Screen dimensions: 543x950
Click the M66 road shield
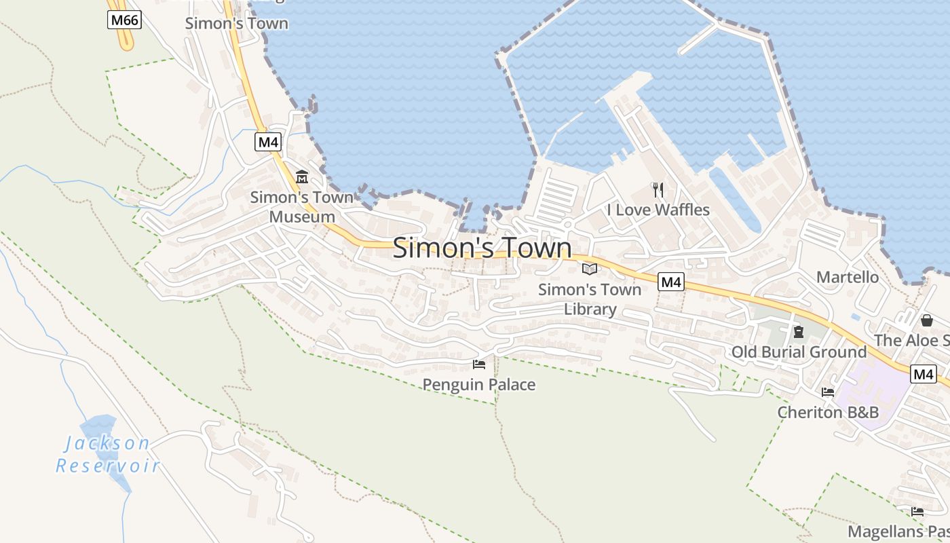[124, 20]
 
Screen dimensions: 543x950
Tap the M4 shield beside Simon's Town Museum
[268, 142]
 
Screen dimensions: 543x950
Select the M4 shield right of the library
[670, 282]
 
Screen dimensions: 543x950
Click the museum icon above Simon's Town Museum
[302, 177]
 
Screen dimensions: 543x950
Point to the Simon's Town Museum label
[302, 207]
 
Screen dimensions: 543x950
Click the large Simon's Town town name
[482, 248]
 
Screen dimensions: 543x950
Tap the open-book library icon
[590, 269]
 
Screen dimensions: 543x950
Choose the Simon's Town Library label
[590, 299]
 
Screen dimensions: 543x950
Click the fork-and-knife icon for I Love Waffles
[658, 189]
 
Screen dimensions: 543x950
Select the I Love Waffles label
[658, 210]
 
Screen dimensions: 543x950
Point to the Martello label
[847, 277]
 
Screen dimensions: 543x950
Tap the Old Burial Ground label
[799, 352]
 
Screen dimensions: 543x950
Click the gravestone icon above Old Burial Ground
[799, 332]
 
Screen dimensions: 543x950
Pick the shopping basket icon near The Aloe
[927, 320]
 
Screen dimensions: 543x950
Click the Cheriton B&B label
[828, 412]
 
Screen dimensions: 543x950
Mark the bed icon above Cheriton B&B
[828, 392]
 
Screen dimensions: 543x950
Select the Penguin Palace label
[479, 385]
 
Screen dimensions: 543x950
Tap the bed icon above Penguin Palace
[479, 364]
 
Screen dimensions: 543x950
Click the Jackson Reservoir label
[108, 455]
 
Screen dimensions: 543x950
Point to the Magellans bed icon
[917, 511]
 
